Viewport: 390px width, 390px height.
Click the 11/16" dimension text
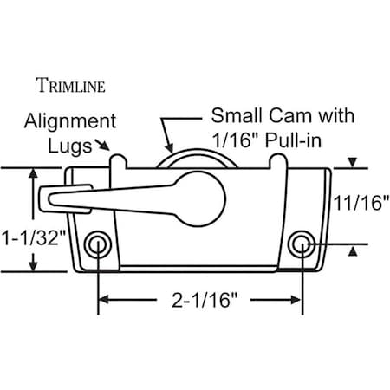[361, 202]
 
